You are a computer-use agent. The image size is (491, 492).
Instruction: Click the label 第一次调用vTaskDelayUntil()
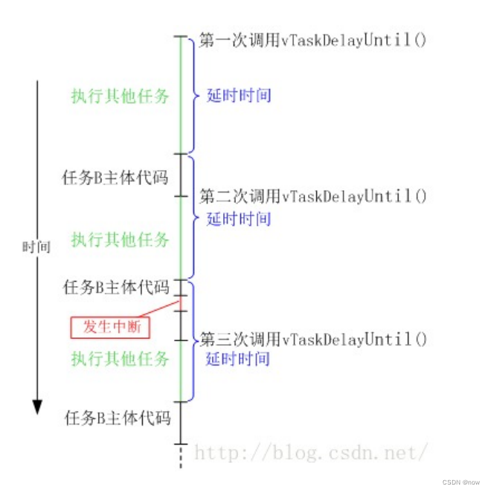pyautogui.click(x=313, y=40)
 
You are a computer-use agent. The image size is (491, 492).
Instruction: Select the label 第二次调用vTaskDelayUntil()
pyautogui.click(x=313, y=196)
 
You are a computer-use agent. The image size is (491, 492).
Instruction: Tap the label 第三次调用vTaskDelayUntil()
pyautogui.click(x=313, y=340)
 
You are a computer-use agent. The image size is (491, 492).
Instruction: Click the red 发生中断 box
pyautogui.click(x=110, y=326)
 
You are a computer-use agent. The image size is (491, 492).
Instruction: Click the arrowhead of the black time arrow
pyautogui.click(x=36, y=407)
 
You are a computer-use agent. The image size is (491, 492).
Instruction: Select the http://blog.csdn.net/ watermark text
pyautogui.click(x=311, y=450)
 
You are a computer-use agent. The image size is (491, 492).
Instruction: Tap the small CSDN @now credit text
pyautogui.click(x=461, y=482)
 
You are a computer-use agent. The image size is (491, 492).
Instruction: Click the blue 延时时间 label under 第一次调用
pyautogui.click(x=239, y=95)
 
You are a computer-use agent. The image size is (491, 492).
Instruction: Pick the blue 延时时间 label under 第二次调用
pyautogui.click(x=239, y=219)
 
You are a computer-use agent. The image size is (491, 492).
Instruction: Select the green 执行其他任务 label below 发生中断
pyautogui.click(x=120, y=359)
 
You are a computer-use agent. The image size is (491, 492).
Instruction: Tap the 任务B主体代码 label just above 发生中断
pyautogui.click(x=117, y=287)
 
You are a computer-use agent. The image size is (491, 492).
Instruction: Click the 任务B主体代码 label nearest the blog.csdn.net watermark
pyautogui.click(x=117, y=418)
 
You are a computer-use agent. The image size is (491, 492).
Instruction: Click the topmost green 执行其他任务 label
pyautogui.click(x=120, y=96)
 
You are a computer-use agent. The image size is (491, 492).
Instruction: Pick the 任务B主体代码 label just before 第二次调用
pyautogui.click(x=117, y=178)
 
